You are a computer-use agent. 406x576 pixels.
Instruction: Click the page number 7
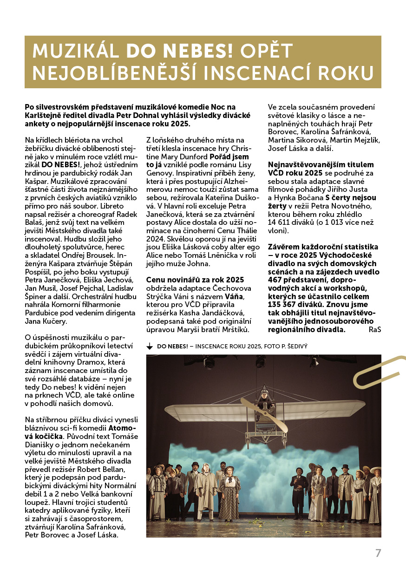pos(378,553)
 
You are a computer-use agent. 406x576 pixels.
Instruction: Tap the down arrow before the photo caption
pos(150,347)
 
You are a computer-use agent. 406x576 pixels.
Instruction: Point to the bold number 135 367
pos(286,305)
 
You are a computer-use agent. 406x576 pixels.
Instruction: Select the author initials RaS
pos(374,330)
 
